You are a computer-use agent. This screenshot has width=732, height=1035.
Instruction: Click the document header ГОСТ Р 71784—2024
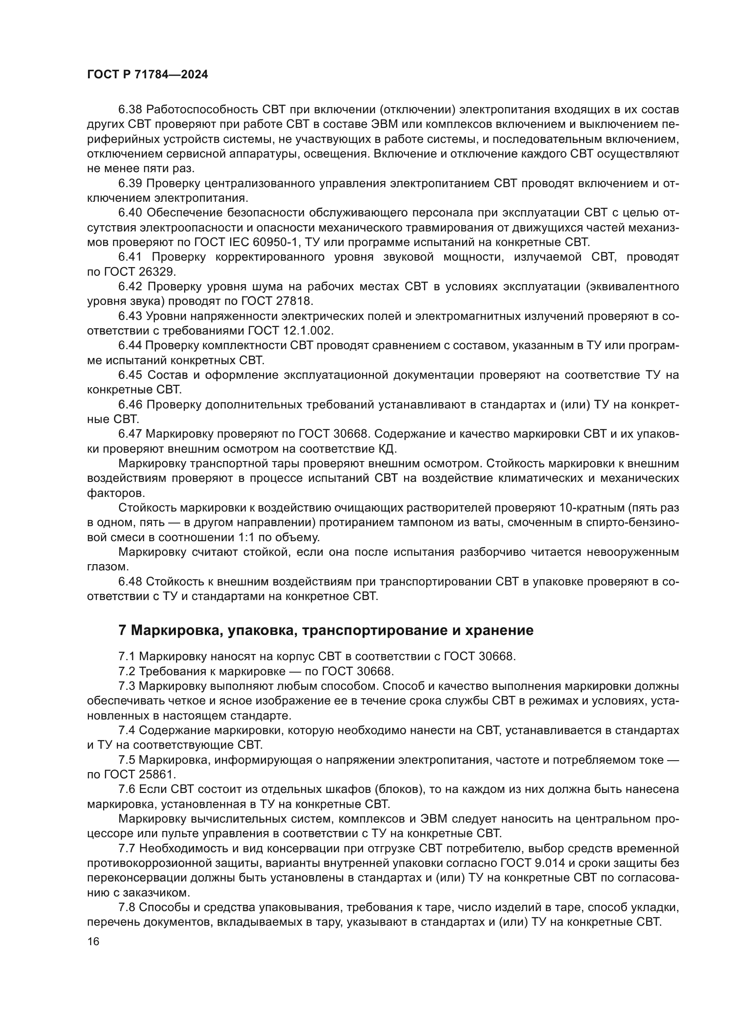coord(147,75)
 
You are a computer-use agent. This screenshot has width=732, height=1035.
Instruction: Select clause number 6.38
coord(130,110)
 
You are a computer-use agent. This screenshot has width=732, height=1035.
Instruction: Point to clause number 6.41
coord(130,257)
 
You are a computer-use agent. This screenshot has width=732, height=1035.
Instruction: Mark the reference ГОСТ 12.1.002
coord(291,331)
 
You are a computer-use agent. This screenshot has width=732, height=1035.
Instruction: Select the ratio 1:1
coord(247,537)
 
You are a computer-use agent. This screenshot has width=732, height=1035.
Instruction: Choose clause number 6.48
coord(130,582)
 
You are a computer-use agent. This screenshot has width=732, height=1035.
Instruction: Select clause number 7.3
coord(127,686)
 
